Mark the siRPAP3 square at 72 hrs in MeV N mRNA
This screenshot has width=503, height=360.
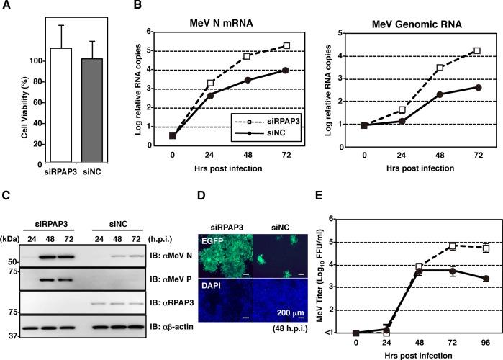click(287, 45)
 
